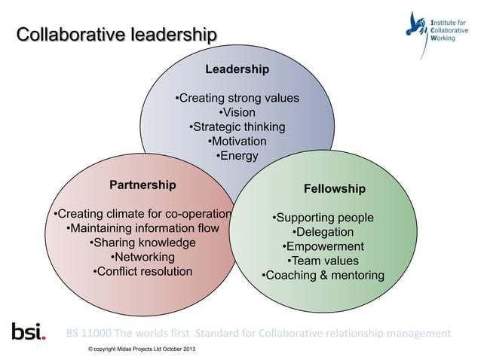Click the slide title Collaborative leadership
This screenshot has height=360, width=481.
click(x=117, y=35)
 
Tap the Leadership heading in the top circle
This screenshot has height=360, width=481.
click(x=237, y=69)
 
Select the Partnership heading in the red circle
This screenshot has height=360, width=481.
click(x=142, y=185)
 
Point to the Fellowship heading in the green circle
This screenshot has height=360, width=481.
click(x=334, y=188)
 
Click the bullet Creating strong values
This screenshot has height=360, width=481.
click(x=237, y=99)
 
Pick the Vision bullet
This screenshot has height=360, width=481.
click(x=237, y=113)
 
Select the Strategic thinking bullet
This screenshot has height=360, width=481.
click(x=237, y=127)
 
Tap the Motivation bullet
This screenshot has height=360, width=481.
click(x=237, y=142)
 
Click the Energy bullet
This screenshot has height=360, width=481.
click(x=237, y=156)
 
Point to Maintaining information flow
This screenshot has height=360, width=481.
click(x=142, y=228)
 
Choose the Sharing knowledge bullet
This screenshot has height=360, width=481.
click(x=142, y=243)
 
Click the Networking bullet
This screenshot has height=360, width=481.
click(x=142, y=257)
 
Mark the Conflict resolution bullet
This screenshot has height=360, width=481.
click(x=142, y=271)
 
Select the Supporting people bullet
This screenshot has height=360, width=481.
click(x=323, y=218)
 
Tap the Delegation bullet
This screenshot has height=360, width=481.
click(x=323, y=233)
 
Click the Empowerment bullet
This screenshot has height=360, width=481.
click(x=323, y=247)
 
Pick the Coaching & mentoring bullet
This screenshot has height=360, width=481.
click(x=323, y=276)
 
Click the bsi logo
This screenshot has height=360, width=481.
click(x=29, y=331)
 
